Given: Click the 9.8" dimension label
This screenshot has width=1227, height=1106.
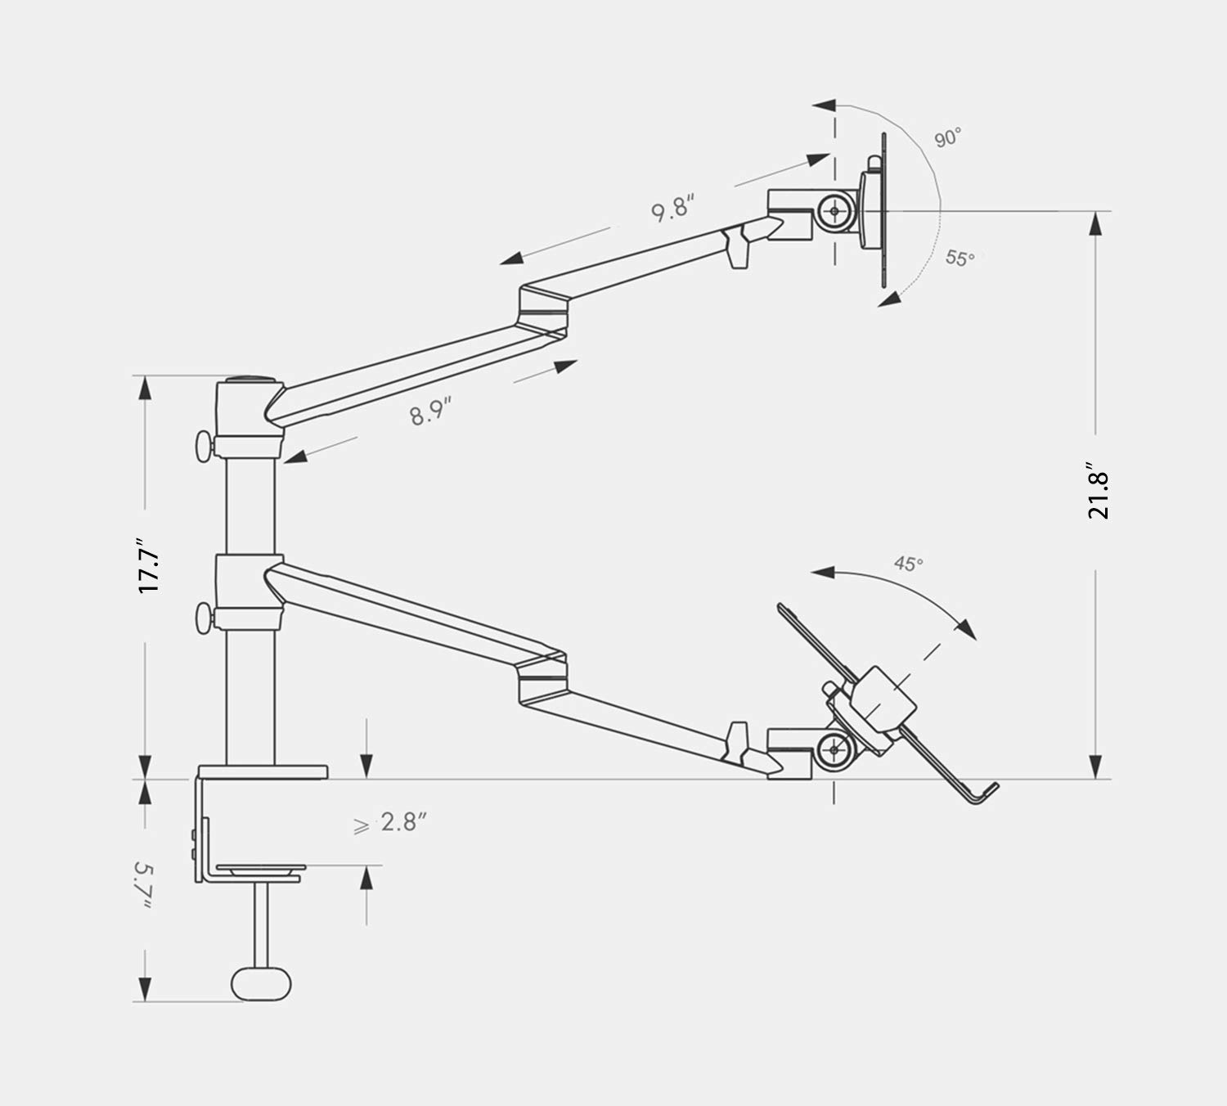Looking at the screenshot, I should click(672, 209).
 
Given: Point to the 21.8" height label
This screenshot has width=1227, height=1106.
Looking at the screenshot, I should click(1098, 495).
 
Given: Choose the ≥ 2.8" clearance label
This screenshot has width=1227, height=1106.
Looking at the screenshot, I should click(391, 823).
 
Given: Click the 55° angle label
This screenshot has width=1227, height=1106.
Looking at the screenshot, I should click(960, 258).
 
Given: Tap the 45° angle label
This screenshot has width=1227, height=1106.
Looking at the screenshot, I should click(908, 563).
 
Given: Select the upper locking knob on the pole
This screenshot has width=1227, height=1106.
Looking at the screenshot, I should click(203, 447).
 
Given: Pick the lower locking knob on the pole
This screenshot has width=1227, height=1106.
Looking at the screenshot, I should click(203, 618).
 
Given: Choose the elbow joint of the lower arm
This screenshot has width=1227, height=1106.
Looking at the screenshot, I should click(542, 676).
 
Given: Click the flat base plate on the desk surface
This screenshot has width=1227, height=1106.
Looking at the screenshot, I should click(263, 771).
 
